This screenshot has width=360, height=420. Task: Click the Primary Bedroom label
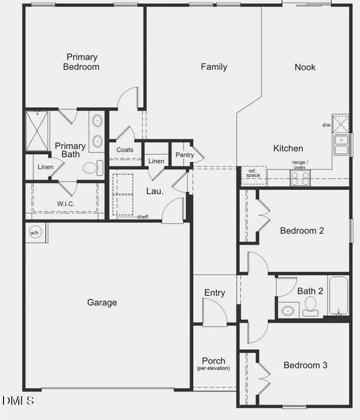pyautogui.click(x=81, y=62)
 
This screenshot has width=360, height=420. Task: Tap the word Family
pyautogui.click(x=214, y=66)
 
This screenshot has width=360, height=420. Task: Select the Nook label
pyautogui.click(x=305, y=66)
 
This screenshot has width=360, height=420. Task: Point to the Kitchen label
pyautogui.click(x=288, y=148)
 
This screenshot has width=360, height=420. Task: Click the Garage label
pyautogui.click(x=102, y=302)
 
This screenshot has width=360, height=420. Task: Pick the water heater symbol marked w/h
pyautogui.click(x=35, y=233)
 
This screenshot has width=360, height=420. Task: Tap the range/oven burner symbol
pyautogui.click(x=299, y=178)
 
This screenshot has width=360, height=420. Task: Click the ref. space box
pyautogui.click(x=253, y=173)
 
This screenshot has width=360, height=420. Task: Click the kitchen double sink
pyautogui.click(x=341, y=145)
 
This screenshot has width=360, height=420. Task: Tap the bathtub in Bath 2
pyautogui.click(x=338, y=295)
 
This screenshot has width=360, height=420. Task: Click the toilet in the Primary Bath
pyautogui.click(x=91, y=167)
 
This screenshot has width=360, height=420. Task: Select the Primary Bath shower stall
pyautogui.click(x=38, y=129)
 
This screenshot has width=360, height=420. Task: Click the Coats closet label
pyautogui.click(x=125, y=150)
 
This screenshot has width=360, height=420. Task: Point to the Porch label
pyautogui.click(x=213, y=361)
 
